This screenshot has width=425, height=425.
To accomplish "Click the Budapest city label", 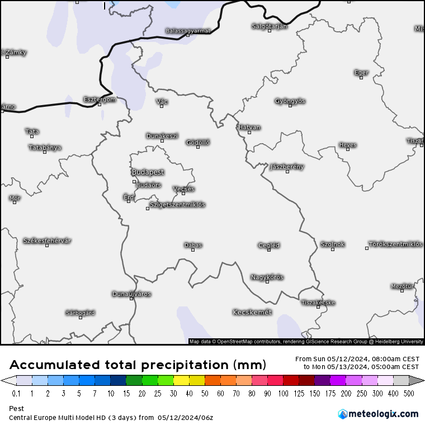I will (x=148, y=172).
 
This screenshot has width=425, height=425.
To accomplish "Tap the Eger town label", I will (x=361, y=72).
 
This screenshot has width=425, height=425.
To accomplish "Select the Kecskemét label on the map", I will (x=252, y=312).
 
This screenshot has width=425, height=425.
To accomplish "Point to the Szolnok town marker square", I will (x=332, y=249).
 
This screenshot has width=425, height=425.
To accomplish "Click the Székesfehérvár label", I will (x=47, y=240).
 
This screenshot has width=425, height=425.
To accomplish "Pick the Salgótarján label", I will (x=269, y=26).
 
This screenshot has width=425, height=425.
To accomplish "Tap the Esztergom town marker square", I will (x=100, y=105).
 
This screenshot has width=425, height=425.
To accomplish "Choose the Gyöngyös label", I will (x=290, y=101).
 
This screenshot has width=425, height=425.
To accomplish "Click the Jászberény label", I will (x=287, y=167).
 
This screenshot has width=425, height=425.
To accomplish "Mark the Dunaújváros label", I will (x=131, y=294).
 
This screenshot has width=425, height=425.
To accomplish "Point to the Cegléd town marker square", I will (x=269, y=250).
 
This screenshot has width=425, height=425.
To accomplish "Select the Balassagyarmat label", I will (x=188, y=31).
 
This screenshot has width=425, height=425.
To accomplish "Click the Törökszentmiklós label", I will (x=395, y=244).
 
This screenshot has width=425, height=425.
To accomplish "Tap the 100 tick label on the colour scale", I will (x=283, y=393).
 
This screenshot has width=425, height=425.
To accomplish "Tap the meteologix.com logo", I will (x=378, y=414).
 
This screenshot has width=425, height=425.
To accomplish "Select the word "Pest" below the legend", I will (x=16, y=409).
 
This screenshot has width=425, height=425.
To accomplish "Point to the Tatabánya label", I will (x=45, y=148).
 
